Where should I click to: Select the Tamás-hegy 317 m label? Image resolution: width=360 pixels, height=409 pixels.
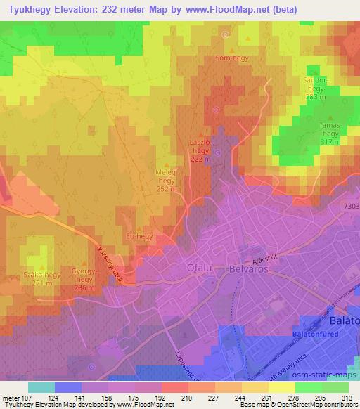[x=330, y=133]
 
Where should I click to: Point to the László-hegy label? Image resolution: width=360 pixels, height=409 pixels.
[x=201, y=150]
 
